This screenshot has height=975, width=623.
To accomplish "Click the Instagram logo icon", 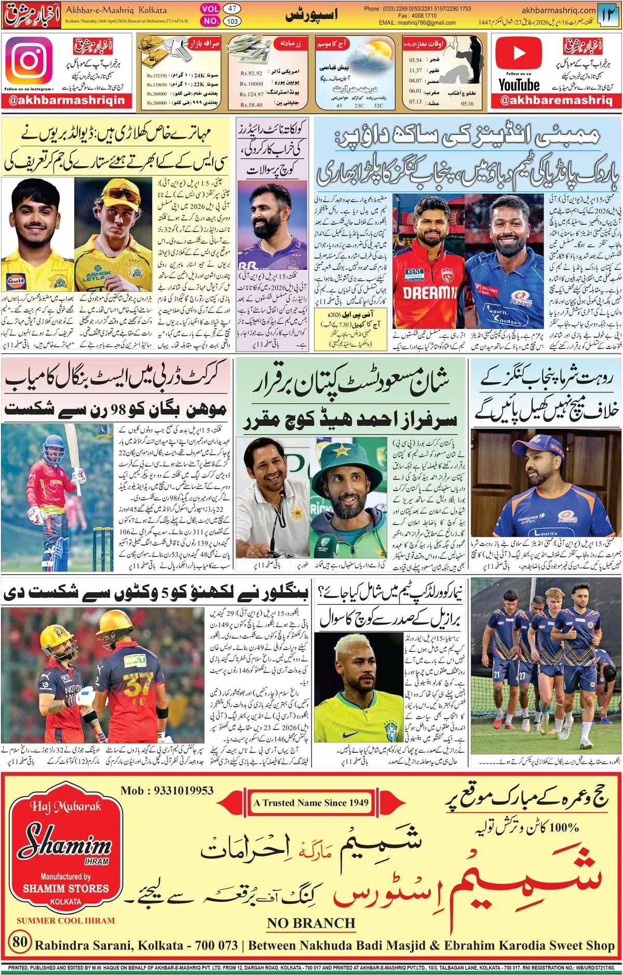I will click(29, 61).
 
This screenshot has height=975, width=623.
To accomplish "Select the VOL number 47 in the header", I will click(232, 9).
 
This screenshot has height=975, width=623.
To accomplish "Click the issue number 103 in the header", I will click(232, 21).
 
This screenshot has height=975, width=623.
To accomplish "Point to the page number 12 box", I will click(608, 15).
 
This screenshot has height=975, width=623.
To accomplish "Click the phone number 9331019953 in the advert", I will click(167, 791).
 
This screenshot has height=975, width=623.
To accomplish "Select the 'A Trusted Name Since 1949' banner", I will click(310, 803).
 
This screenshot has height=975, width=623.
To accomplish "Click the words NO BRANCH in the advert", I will click(311, 923).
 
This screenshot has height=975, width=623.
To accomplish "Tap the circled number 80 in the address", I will click(20, 941).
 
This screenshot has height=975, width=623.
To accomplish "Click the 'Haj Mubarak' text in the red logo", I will click(65, 806).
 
